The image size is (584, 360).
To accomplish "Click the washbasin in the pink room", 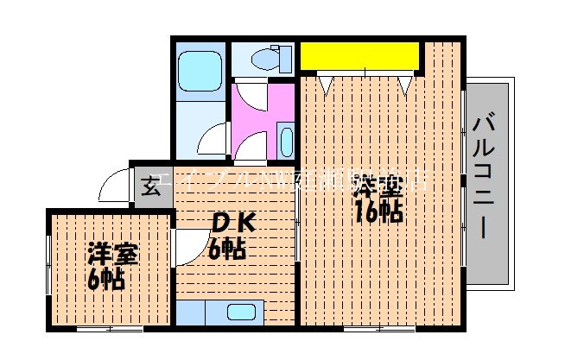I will coord(286,139).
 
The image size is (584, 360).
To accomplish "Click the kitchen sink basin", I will coord(240,313).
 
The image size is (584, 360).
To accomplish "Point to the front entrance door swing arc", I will coord(114,185).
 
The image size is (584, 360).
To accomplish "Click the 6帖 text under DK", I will coord(227,249).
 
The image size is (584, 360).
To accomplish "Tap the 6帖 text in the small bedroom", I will coord(105,278).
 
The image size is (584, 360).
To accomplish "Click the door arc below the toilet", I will coord(247,94).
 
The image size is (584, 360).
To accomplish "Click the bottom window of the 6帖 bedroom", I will coord(109,330).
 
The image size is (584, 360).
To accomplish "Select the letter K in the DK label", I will coord(244,222).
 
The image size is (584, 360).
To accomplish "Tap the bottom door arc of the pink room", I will coord(250,148).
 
